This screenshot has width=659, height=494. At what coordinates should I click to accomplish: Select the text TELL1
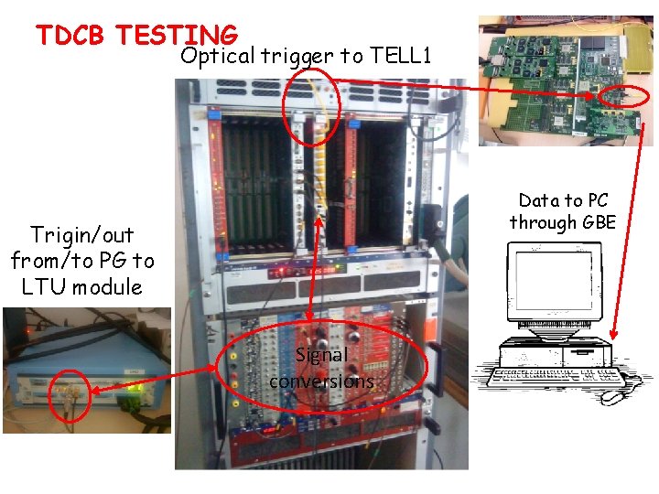coord(400,57)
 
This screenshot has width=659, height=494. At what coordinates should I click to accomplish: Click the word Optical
coord(218,57)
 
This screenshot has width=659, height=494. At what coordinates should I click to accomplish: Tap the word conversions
coord(321,381)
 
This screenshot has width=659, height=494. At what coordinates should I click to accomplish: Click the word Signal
coord(321,356)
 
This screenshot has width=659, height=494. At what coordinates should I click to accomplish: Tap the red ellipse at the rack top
coord(311,107)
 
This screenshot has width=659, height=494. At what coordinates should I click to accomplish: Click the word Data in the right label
coord(538,200)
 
